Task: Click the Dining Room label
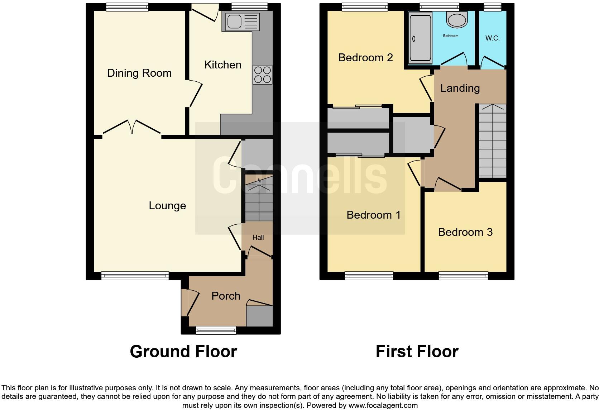[x=139, y=73]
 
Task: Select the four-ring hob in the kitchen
[x=262, y=75]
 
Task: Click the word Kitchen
[x=222, y=65]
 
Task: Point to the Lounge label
[x=167, y=206]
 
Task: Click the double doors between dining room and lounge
[x=132, y=127]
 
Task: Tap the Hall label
[x=258, y=237]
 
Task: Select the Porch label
[x=226, y=296]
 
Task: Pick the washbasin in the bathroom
[x=457, y=20]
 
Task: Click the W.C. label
[x=492, y=38]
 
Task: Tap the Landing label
[x=460, y=88]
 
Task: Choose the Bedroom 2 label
[x=365, y=58]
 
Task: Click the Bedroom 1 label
[x=373, y=215]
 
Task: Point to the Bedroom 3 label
[x=465, y=232]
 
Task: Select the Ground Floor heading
[x=183, y=352]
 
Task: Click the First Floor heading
[x=417, y=352]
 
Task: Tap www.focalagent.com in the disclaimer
[x=383, y=406]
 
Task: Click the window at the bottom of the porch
[x=216, y=330]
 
